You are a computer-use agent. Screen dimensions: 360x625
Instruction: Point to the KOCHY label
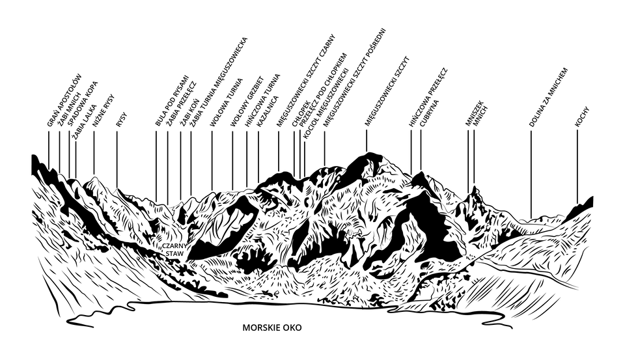pos(577,115)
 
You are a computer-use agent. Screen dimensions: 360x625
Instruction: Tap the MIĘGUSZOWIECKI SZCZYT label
pos(383,91)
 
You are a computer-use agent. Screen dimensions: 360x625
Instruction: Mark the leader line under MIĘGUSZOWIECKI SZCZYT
pos(367,140)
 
